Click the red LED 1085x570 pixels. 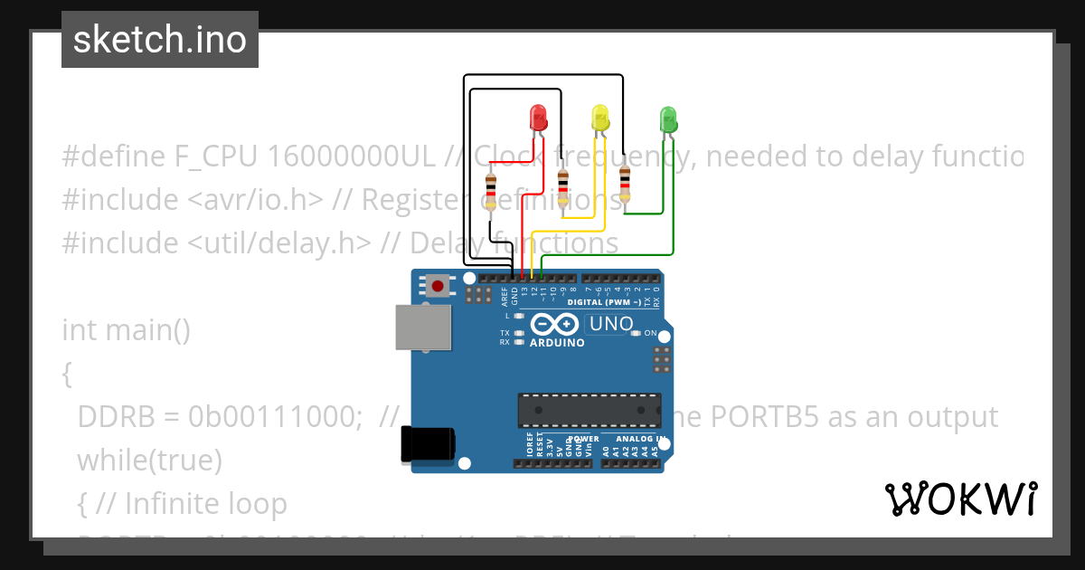click(x=538, y=118)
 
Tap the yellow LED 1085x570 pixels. click(x=600, y=117)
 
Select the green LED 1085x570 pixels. click(x=668, y=119)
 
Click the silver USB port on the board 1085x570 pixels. click(x=423, y=327)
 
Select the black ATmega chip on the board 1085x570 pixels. click(x=589, y=410)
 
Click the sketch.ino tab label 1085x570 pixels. click(x=160, y=40)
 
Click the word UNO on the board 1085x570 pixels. click(x=611, y=324)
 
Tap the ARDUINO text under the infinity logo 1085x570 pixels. click(x=557, y=344)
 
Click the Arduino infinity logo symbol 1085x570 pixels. click(x=555, y=324)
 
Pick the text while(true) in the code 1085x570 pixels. click(x=150, y=461)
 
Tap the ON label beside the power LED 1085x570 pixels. click(x=650, y=333)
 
